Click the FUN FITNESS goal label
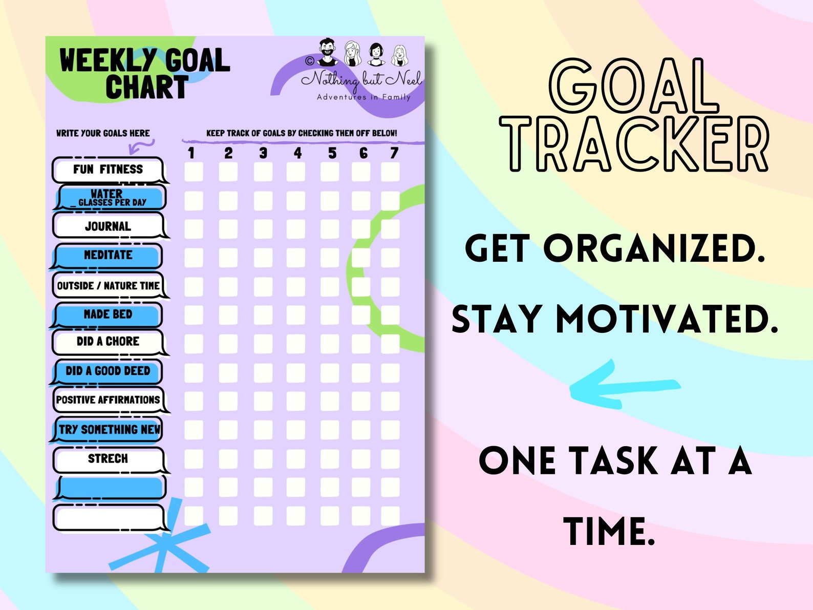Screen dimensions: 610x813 coord(108,170)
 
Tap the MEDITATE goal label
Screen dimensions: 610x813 coord(108,255)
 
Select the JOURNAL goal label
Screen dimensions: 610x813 coord(108,226)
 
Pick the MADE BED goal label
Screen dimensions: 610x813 coord(108,314)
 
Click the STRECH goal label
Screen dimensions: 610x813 coord(108,459)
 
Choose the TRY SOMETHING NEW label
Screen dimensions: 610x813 coord(109,429)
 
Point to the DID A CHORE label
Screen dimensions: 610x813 coord(108,342)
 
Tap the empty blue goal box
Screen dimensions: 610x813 coord(110,487)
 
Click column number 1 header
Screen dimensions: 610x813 coord(191,153)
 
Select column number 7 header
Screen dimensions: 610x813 coord(394,153)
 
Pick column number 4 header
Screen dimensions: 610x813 coord(297,153)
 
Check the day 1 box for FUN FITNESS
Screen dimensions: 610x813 coord(194,172)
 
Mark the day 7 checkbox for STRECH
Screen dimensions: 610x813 coord(390,459)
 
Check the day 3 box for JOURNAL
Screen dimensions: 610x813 coord(263,229)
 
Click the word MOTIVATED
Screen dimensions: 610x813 coord(666,319)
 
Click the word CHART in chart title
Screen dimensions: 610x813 coord(147,87)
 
